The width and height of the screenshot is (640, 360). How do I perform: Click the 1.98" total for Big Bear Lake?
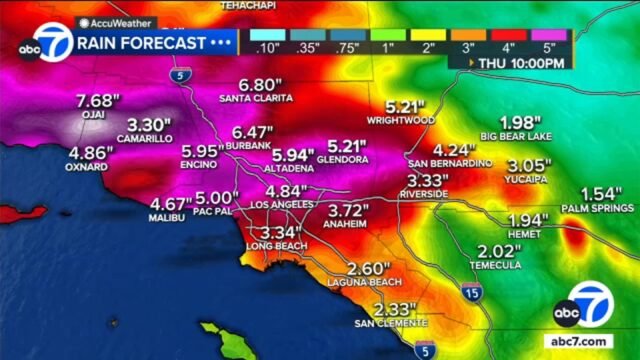pos(517,123)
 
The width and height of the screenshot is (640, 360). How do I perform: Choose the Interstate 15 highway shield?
pos(473,291)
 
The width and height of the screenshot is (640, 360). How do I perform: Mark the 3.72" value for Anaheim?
pos(350,211)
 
